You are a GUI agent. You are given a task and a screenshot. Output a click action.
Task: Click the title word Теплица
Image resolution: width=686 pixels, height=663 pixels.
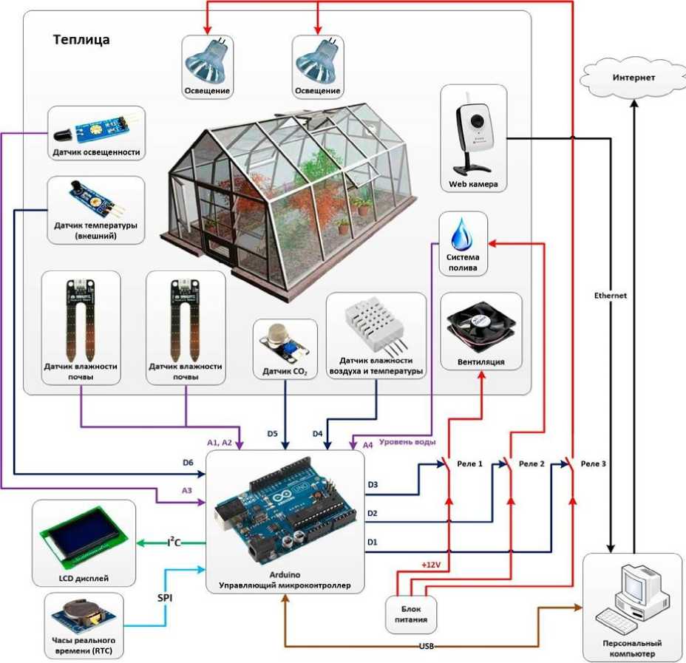[x=81, y=40]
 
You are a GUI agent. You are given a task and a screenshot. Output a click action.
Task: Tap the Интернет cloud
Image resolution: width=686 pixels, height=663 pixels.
[x=633, y=78]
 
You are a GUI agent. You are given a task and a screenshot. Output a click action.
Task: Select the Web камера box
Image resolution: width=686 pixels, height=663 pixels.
[x=473, y=138]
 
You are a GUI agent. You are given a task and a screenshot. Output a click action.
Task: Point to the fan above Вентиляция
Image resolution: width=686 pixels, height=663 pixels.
[x=480, y=326]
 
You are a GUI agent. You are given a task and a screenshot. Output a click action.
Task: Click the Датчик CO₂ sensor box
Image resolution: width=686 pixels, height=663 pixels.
[x=285, y=349]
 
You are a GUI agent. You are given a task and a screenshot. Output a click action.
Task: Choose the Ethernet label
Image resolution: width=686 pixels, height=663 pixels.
[x=611, y=296]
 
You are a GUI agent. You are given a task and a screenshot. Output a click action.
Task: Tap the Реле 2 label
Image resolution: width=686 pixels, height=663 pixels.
[x=532, y=463]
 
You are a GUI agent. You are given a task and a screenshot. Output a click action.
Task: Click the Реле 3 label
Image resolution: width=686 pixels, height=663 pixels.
[x=594, y=463]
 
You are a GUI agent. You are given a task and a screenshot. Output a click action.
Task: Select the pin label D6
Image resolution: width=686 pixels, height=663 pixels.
[x=188, y=463]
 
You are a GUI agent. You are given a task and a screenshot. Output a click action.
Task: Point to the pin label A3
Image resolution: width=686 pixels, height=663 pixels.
[x=187, y=491]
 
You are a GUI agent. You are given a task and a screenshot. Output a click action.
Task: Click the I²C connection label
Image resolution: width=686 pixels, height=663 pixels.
[x=174, y=542]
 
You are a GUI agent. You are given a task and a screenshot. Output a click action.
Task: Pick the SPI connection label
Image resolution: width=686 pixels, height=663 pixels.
[x=165, y=597]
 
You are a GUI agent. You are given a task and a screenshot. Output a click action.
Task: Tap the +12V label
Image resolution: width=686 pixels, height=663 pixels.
[x=431, y=565]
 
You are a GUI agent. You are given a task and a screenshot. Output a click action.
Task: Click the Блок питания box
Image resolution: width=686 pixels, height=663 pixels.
[x=411, y=614]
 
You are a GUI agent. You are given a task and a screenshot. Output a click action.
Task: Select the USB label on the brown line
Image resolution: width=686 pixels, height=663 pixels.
[x=426, y=646]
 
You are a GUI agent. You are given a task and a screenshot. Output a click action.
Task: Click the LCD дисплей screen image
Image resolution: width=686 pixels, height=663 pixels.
[x=85, y=536]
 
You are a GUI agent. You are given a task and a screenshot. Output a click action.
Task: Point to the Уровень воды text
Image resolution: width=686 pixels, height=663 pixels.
[x=407, y=442]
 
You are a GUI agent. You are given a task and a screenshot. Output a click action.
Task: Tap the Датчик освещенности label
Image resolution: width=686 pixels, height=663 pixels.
[x=96, y=152]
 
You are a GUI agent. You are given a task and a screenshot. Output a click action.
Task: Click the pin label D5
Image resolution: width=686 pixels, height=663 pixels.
[x=272, y=433]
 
